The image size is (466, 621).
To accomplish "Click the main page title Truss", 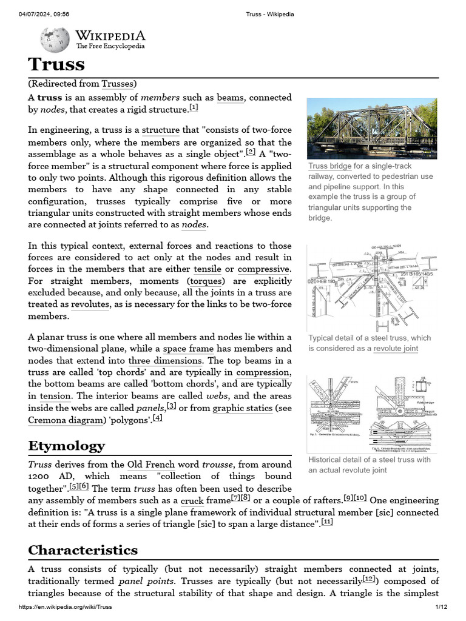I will point(56,64).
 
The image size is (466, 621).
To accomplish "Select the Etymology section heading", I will point(66,446).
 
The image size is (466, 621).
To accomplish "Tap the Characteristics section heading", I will point(83,550).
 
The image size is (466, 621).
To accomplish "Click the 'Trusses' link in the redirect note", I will point(118,84).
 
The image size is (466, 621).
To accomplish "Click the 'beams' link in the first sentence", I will point(230,97).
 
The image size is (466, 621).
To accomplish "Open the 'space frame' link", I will point(188,349).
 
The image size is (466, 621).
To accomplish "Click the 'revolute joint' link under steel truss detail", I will point(396,349).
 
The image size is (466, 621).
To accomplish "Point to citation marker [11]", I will point(327,523).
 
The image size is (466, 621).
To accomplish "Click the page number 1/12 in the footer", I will point(441,607).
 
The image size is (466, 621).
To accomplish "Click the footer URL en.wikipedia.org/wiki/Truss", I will point(66,607).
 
